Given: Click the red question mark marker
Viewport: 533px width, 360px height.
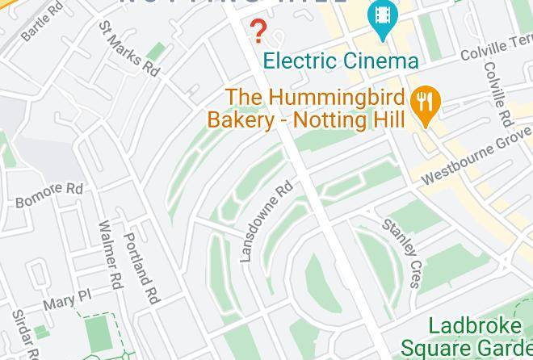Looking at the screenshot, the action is [x=258, y=31].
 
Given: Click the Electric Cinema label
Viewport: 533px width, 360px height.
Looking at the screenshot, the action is [x=341, y=61].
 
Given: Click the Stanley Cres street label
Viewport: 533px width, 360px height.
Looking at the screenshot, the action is [x=402, y=252].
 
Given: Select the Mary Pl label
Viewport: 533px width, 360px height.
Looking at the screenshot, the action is [x=69, y=302].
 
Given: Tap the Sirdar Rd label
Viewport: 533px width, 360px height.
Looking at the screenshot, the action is [x=22, y=333].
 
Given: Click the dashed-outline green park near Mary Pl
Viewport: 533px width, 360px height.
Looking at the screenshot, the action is [x=98, y=331].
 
